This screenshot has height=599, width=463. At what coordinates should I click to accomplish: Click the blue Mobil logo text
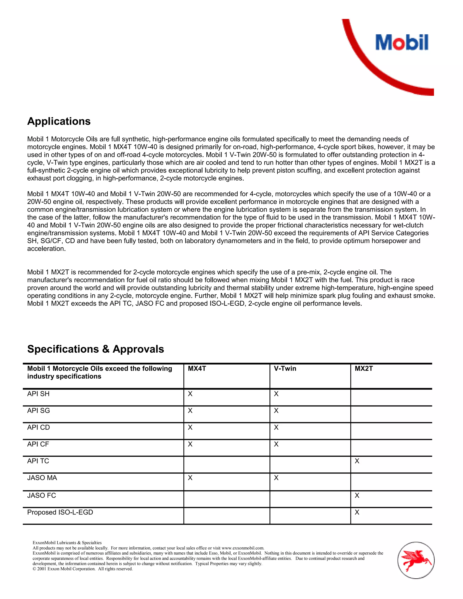point(402,42)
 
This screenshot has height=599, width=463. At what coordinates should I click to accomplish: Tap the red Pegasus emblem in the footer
point(416,560)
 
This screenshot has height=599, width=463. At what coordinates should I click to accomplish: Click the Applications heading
point(59,121)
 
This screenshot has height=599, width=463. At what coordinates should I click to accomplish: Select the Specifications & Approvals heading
point(95,349)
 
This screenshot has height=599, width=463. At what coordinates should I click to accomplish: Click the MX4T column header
point(197,368)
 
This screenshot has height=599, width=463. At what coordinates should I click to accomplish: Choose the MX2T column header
point(364,368)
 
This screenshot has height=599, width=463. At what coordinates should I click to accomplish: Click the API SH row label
point(38,394)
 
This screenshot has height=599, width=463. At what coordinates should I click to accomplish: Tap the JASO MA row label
point(42,478)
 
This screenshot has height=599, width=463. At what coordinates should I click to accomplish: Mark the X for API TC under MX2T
point(357,461)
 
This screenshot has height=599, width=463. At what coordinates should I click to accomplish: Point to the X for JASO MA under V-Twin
point(276,478)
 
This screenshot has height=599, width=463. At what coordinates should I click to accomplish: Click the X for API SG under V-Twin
point(276,410)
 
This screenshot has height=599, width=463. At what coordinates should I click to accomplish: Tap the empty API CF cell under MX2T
point(391,448)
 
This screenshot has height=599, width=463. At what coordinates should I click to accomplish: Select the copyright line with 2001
point(83,569)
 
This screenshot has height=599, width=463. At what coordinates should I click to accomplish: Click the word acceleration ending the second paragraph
point(46,249)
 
